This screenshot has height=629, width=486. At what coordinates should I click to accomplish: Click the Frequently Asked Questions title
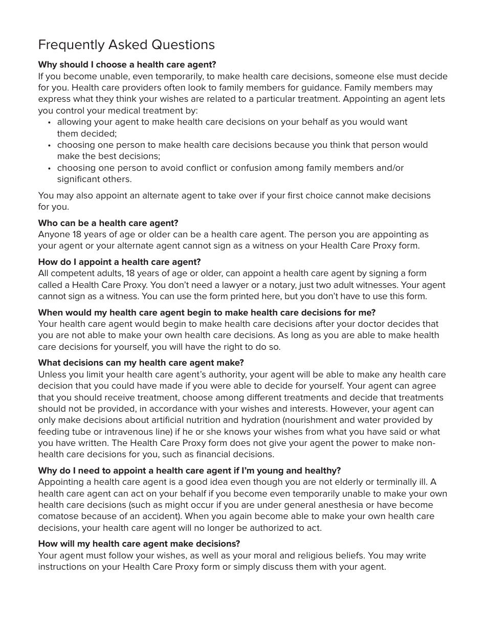pyautogui.click(x=126, y=45)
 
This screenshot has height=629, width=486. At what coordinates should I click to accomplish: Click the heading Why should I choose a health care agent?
pyautogui.click(x=127, y=64)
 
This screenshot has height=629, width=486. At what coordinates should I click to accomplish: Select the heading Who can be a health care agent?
pyautogui.click(x=108, y=223)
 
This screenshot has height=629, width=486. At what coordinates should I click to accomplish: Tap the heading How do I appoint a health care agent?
pyautogui.click(x=119, y=262)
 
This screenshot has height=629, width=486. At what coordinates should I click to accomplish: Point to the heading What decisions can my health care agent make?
pyautogui.click(x=141, y=363)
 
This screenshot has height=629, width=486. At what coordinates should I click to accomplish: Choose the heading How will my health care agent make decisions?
pyautogui.click(x=139, y=544)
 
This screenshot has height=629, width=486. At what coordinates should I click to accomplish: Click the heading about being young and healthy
pyautogui.click(x=189, y=470)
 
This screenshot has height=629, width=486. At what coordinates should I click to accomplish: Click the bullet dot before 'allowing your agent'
pyautogui.click(x=49, y=123)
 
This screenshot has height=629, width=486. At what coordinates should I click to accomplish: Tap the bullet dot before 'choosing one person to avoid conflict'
pyautogui.click(x=49, y=168)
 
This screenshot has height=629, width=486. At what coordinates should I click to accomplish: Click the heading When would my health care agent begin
pyautogui.click(x=207, y=312)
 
